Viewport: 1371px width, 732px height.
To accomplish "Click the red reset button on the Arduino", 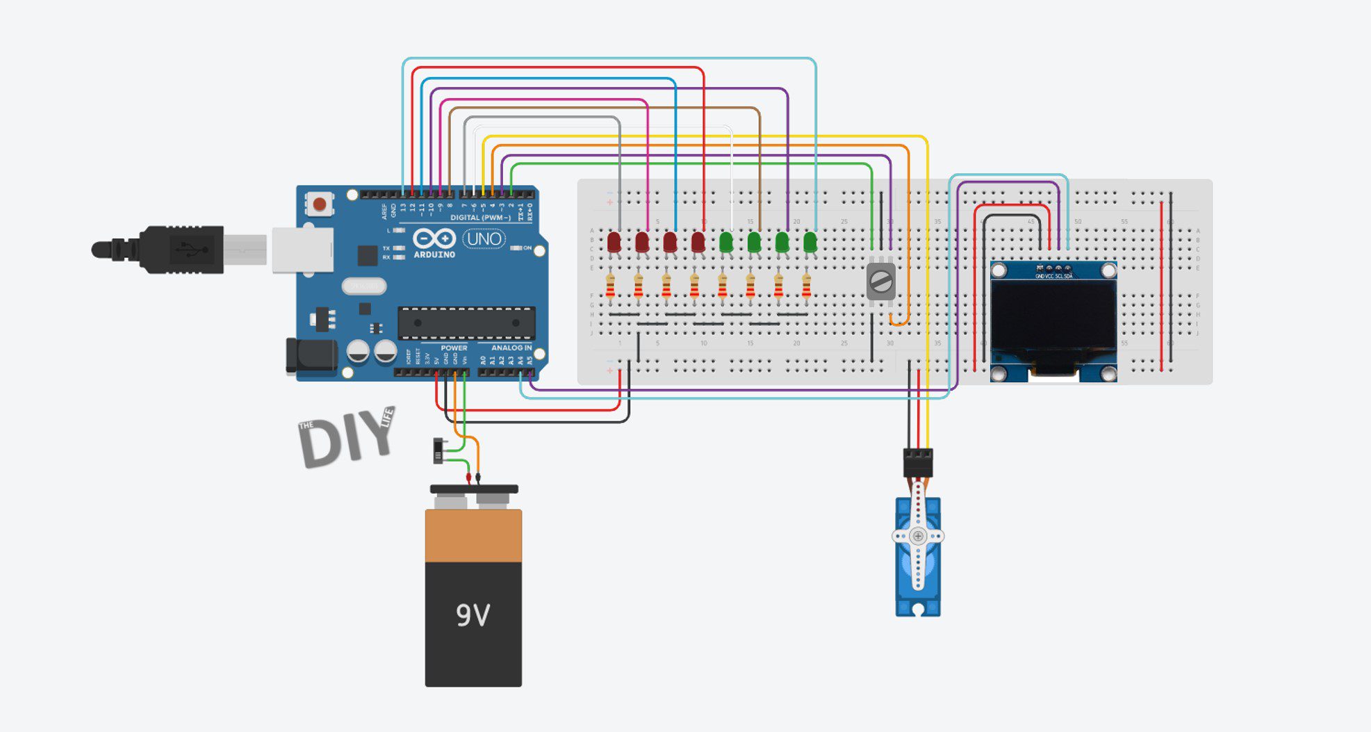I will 319,204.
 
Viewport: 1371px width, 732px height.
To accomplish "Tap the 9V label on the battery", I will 473,615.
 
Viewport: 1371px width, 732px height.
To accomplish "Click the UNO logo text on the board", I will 484,239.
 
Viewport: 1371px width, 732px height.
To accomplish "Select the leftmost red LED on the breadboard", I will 614,243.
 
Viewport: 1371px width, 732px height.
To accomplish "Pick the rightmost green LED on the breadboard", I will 810,243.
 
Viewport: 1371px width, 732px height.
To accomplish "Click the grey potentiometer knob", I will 881,282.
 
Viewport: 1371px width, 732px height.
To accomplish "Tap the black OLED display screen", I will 1053,316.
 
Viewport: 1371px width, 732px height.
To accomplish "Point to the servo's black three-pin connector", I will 918,462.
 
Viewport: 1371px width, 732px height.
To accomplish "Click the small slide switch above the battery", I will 438,450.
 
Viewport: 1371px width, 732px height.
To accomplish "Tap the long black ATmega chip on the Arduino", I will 466,323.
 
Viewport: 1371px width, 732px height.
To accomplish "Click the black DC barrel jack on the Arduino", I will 311,355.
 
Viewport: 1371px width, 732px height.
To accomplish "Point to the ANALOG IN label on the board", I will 511,348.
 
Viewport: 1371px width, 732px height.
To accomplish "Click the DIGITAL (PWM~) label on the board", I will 480,218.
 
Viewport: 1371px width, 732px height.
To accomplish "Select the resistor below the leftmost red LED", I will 610,286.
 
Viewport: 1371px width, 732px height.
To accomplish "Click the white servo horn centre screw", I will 918,536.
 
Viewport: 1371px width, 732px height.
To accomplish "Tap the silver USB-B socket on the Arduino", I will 302,249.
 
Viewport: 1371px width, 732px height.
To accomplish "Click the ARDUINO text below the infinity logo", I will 434,254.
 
